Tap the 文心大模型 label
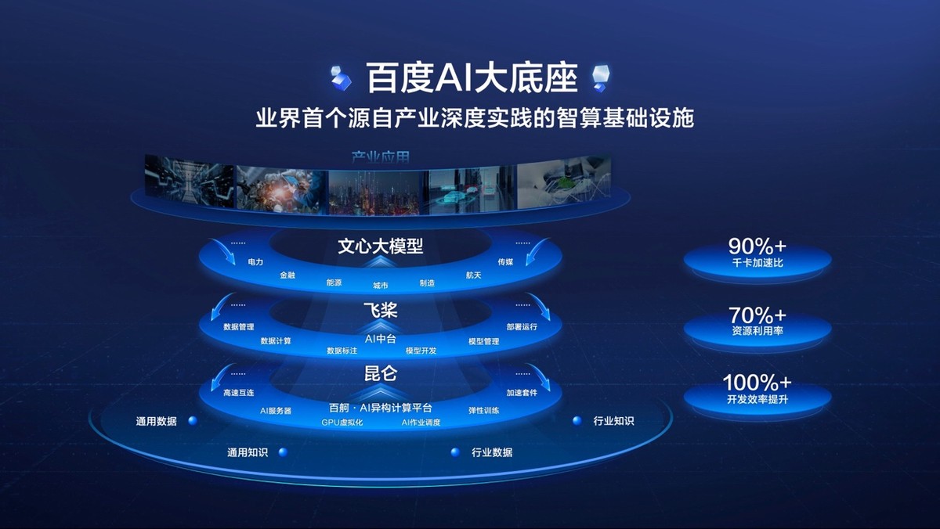click(x=380, y=247)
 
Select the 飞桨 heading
click(x=380, y=311)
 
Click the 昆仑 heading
click(x=380, y=373)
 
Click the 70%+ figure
click(x=757, y=315)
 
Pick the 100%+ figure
click(x=757, y=383)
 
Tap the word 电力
click(x=255, y=261)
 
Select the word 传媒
click(x=505, y=261)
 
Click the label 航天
click(x=473, y=275)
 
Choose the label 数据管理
click(x=239, y=326)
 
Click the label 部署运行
click(x=522, y=326)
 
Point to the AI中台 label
click(x=381, y=339)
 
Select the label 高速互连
click(x=239, y=393)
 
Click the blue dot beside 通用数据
click(x=193, y=420)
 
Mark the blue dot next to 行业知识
click(x=577, y=420)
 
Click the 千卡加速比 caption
click(x=757, y=263)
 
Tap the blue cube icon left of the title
click(x=342, y=77)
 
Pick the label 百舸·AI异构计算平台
click(x=381, y=408)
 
